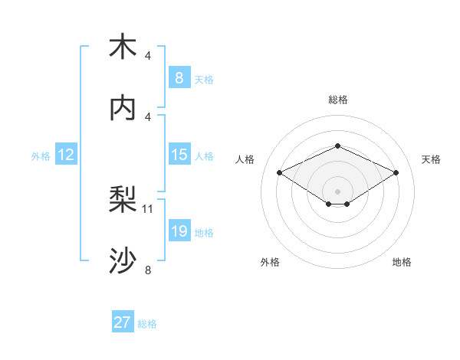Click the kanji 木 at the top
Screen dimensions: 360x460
[123, 47]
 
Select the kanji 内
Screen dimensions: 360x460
[123, 108]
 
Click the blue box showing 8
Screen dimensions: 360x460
[179, 77]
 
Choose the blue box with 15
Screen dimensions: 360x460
[179, 155]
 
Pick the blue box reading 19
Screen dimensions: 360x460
[179, 231]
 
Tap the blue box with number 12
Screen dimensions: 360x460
[66, 155]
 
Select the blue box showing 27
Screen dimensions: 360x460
[123, 322]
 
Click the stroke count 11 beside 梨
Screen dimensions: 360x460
[148, 208]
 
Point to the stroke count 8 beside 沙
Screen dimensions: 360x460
[148, 270]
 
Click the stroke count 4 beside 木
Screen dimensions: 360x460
[148, 56]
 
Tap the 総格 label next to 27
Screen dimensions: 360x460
[147, 324]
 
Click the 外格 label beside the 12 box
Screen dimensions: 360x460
[41, 155]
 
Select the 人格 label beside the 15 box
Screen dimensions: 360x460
[204, 155]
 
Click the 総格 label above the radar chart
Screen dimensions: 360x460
[337, 100]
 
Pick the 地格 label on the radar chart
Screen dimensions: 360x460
[402, 262]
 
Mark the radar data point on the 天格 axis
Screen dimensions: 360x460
[396, 173]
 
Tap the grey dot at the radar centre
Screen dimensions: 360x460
[337, 190]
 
